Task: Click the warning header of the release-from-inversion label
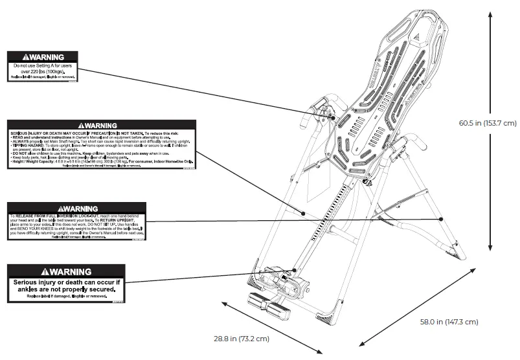pos(76,208)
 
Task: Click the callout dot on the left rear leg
pos(302,212)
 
